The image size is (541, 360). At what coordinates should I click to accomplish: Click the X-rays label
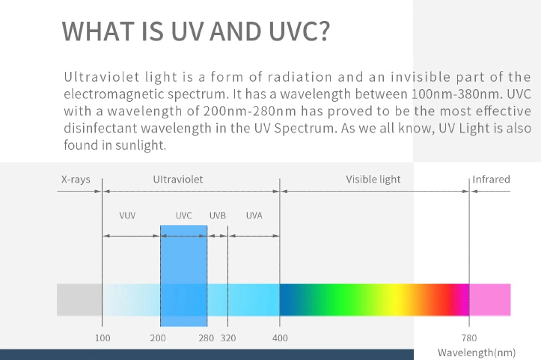[x=76, y=180]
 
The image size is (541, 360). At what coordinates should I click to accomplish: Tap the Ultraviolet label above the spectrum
[x=178, y=180]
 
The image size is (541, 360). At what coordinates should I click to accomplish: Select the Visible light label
[x=373, y=180]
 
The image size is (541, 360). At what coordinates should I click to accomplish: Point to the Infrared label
[x=491, y=180]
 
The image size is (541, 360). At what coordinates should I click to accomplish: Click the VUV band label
[x=127, y=216]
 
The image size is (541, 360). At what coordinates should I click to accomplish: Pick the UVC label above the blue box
[x=183, y=216]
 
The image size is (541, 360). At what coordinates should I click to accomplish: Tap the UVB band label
[x=218, y=216]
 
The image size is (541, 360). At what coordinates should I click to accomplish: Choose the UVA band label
[x=254, y=216]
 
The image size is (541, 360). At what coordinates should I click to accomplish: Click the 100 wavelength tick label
[x=103, y=338]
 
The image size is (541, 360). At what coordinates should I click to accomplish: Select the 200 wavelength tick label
[x=158, y=338]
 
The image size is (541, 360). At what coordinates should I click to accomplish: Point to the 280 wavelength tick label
[x=207, y=338]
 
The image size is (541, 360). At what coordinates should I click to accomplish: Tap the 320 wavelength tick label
[x=228, y=338]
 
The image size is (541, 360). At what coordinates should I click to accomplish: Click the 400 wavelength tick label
[x=280, y=338]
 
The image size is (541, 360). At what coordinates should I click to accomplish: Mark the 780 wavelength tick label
[x=469, y=338]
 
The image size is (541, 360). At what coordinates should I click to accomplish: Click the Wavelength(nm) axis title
[x=477, y=353]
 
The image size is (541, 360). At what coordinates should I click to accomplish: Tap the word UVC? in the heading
[x=299, y=31]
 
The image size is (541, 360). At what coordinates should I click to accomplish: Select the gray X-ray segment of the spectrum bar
[x=79, y=299]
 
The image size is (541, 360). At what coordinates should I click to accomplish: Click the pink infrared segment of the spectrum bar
[x=490, y=299]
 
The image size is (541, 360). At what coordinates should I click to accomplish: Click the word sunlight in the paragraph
[x=141, y=145]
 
